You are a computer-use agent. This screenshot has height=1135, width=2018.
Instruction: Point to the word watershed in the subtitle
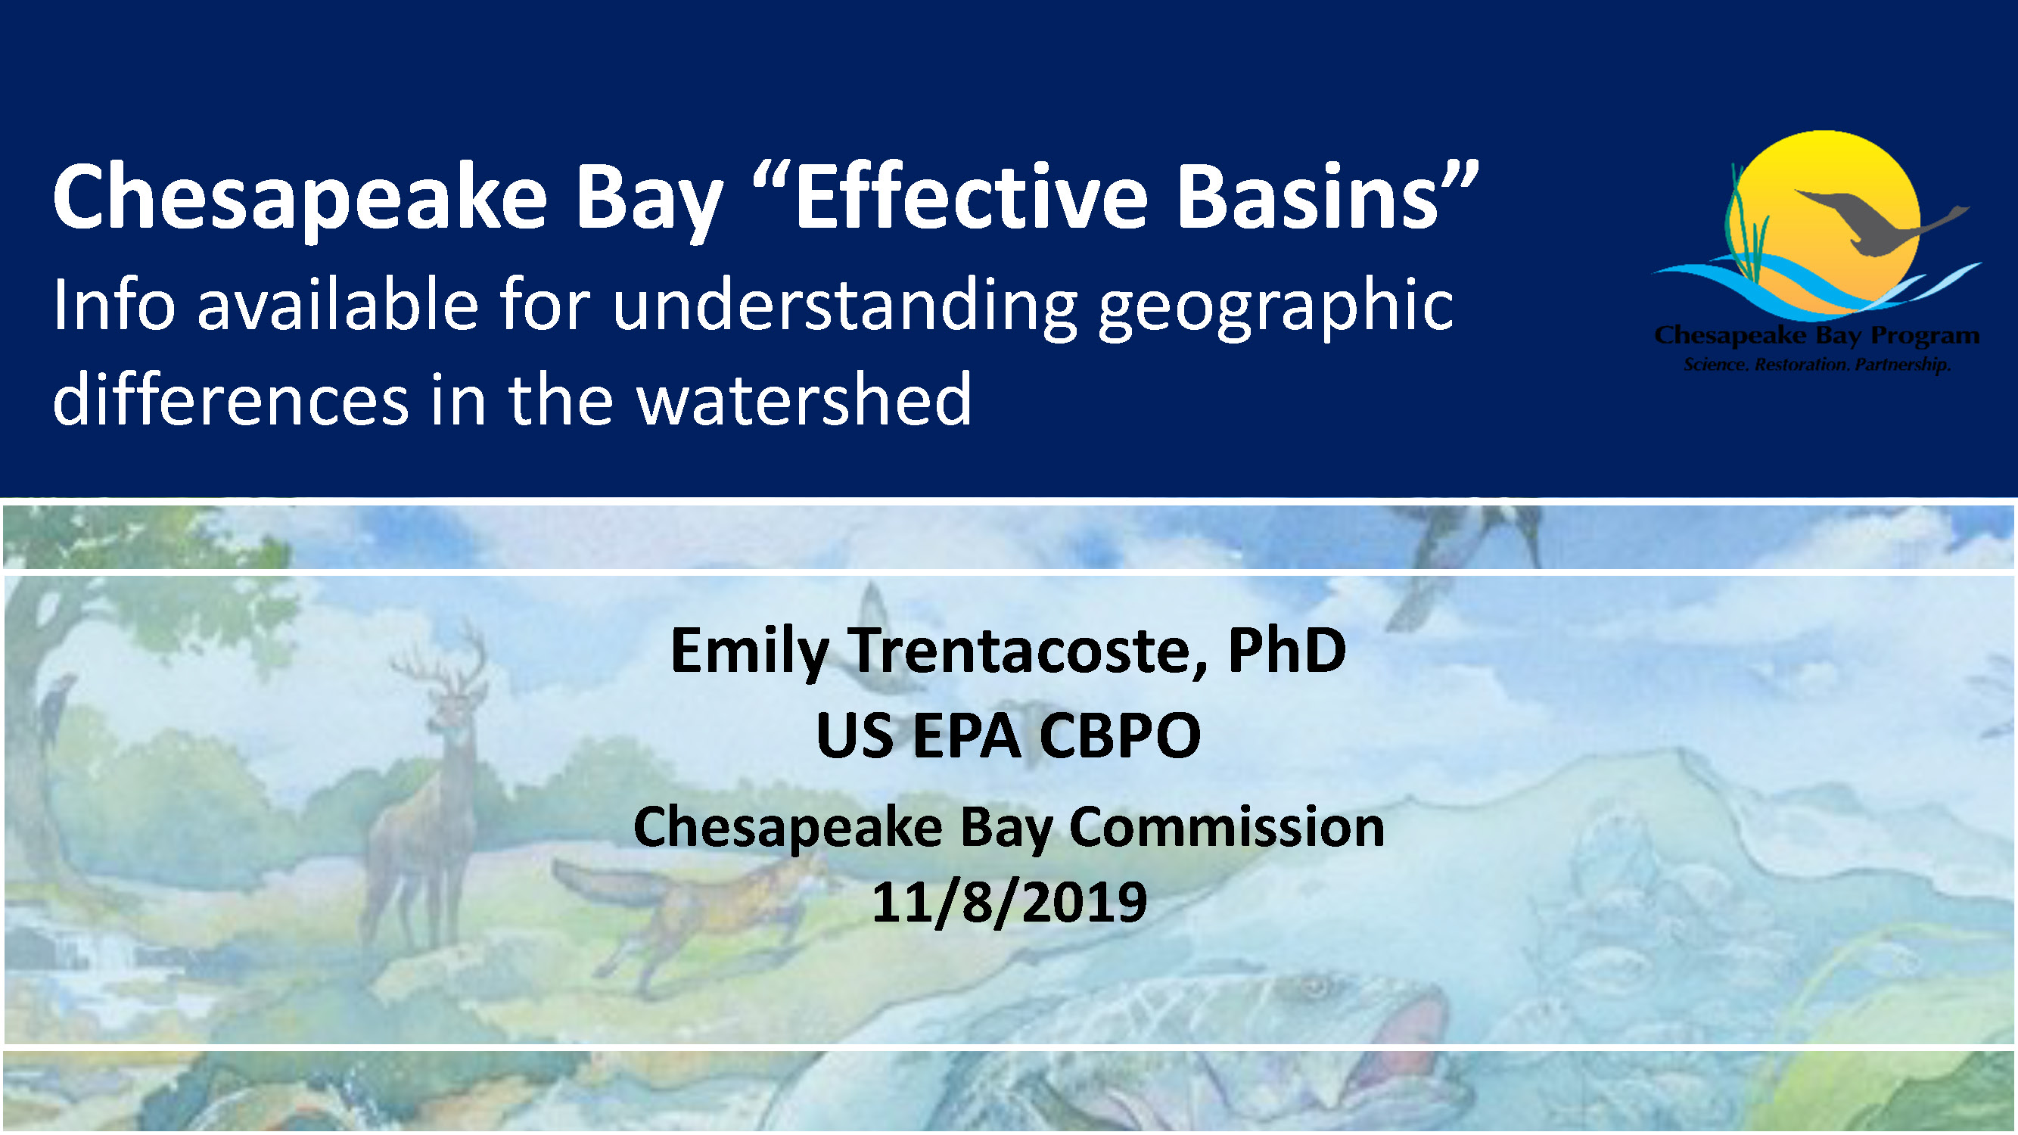click(x=804, y=399)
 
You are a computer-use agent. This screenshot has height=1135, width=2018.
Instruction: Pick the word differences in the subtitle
click(x=230, y=399)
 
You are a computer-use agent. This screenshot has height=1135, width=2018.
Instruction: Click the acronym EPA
click(x=967, y=735)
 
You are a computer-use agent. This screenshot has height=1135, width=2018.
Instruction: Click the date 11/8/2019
click(x=1009, y=902)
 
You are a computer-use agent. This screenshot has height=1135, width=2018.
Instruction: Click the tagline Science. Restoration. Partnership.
click(x=1817, y=364)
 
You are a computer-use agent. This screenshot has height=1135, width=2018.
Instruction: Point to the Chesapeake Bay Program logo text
click(x=1817, y=335)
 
